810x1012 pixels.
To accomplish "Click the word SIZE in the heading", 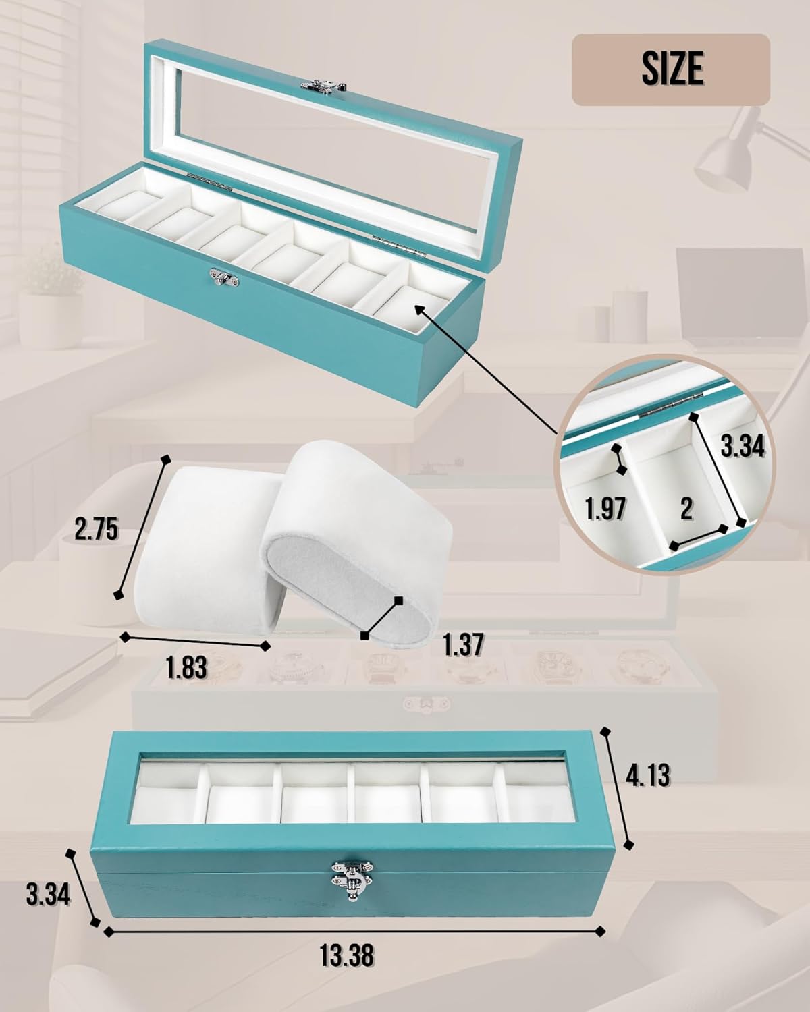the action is tap(672, 69).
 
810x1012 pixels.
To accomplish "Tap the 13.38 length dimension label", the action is tap(347, 955).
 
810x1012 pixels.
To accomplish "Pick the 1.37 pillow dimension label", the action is tap(463, 644).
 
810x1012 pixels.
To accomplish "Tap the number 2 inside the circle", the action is tap(686, 508).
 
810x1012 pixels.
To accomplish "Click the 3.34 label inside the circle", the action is tap(742, 445).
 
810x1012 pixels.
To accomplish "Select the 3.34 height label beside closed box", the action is tap(48, 895).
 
